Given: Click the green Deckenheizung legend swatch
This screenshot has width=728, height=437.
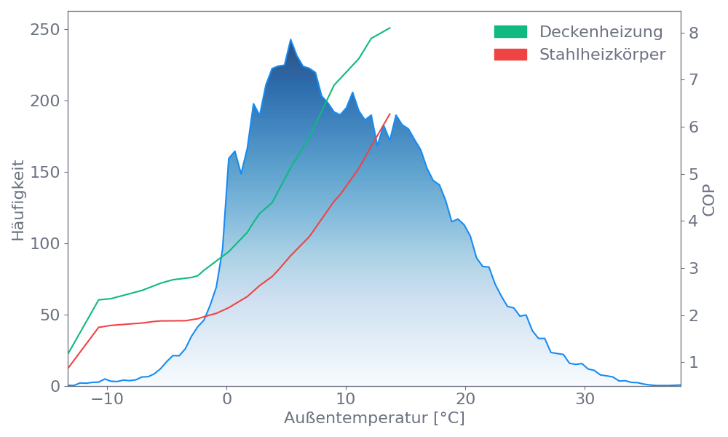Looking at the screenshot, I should (x=510, y=32).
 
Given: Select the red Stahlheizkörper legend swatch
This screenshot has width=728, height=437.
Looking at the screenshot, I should (x=510, y=55).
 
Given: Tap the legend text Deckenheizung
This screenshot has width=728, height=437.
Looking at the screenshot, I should (x=601, y=32).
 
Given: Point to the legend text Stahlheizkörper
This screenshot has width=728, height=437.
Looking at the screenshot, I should (x=602, y=55).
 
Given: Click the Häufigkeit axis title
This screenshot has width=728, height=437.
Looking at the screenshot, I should (x=18, y=200).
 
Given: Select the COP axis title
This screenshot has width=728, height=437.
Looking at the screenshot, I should (x=709, y=199).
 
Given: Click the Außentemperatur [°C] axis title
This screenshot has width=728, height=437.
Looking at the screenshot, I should (x=374, y=419).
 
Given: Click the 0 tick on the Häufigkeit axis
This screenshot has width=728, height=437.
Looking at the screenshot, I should (x=57, y=386).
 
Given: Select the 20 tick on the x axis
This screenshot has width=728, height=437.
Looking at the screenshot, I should (x=465, y=400).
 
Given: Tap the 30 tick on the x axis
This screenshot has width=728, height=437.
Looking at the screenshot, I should (x=585, y=400).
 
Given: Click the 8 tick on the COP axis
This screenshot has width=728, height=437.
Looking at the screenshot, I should (x=694, y=33).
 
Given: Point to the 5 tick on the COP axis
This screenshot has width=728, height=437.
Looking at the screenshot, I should (x=694, y=174).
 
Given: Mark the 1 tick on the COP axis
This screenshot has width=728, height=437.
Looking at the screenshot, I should (x=694, y=362).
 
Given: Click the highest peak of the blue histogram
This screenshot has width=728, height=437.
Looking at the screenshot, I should (x=290, y=39).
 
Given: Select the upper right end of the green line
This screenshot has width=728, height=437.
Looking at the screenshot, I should (x=390, y=28).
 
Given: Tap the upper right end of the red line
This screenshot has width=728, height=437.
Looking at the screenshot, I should (x=390, y=114).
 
